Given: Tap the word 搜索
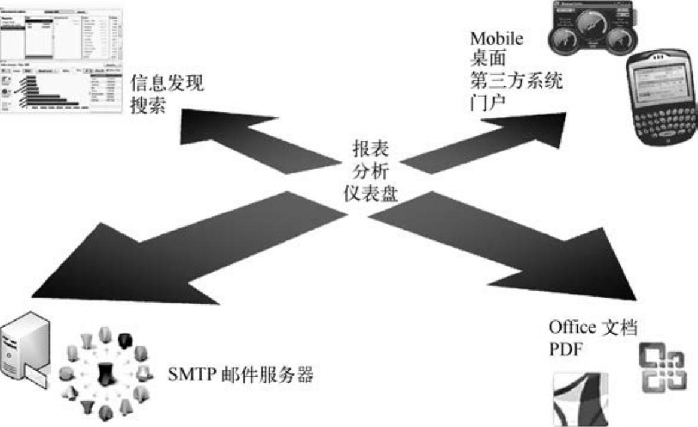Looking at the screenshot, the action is click(149, 105).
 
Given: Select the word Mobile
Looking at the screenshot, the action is click(496, 39).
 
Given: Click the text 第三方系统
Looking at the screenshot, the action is click(516, 80).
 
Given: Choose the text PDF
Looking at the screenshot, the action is click(565, 349).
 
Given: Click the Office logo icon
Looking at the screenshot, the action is click(663, 368).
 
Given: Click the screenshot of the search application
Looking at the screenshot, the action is click(60, 58).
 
